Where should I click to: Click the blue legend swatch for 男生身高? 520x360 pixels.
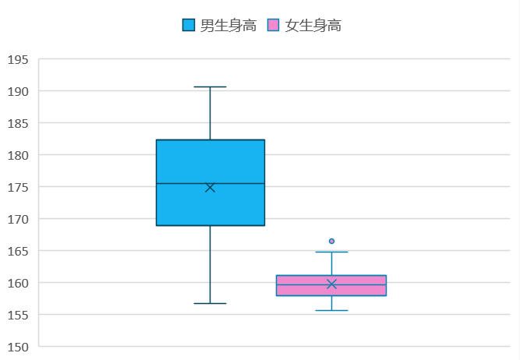point(189,26)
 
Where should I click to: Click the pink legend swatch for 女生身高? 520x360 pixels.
point(273,26)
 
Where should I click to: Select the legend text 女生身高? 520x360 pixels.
point(313,26)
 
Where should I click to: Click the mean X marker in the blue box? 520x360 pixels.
point(210,187)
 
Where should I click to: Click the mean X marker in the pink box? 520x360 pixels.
point(331,284)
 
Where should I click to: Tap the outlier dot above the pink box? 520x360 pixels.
point(331,242)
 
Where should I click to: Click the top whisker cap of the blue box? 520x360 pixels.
point(210,87)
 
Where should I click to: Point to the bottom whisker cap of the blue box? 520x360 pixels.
point(210,303)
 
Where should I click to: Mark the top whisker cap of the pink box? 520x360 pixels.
point(331,252)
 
